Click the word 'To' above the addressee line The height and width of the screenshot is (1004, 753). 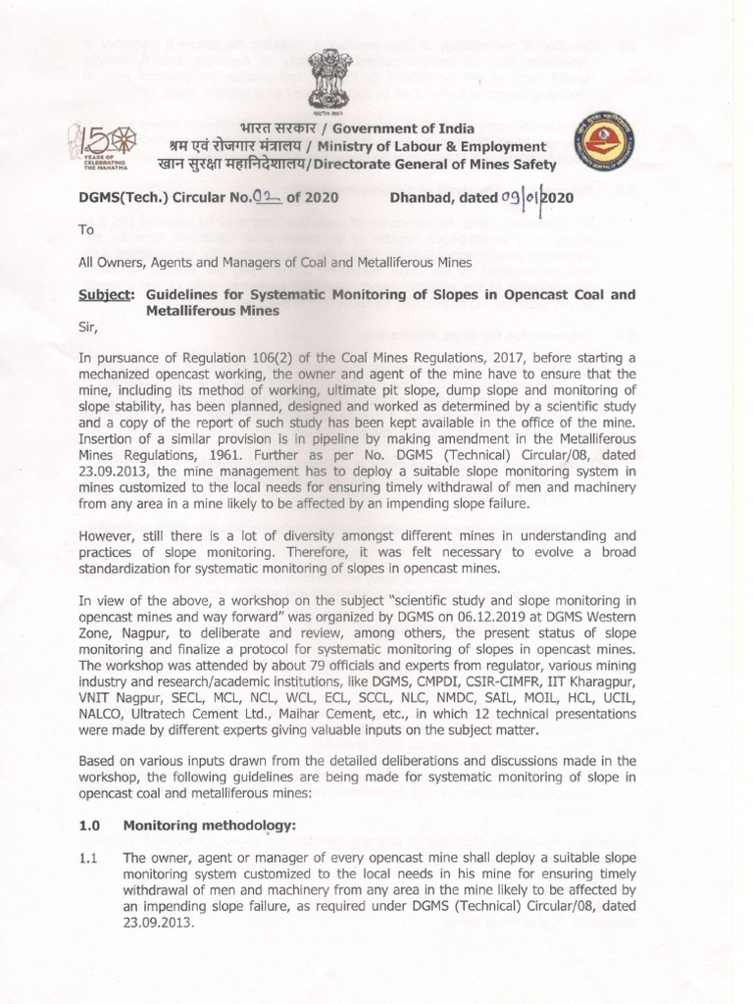point(86,230)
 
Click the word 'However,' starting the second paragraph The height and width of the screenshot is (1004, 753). point(108,535)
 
